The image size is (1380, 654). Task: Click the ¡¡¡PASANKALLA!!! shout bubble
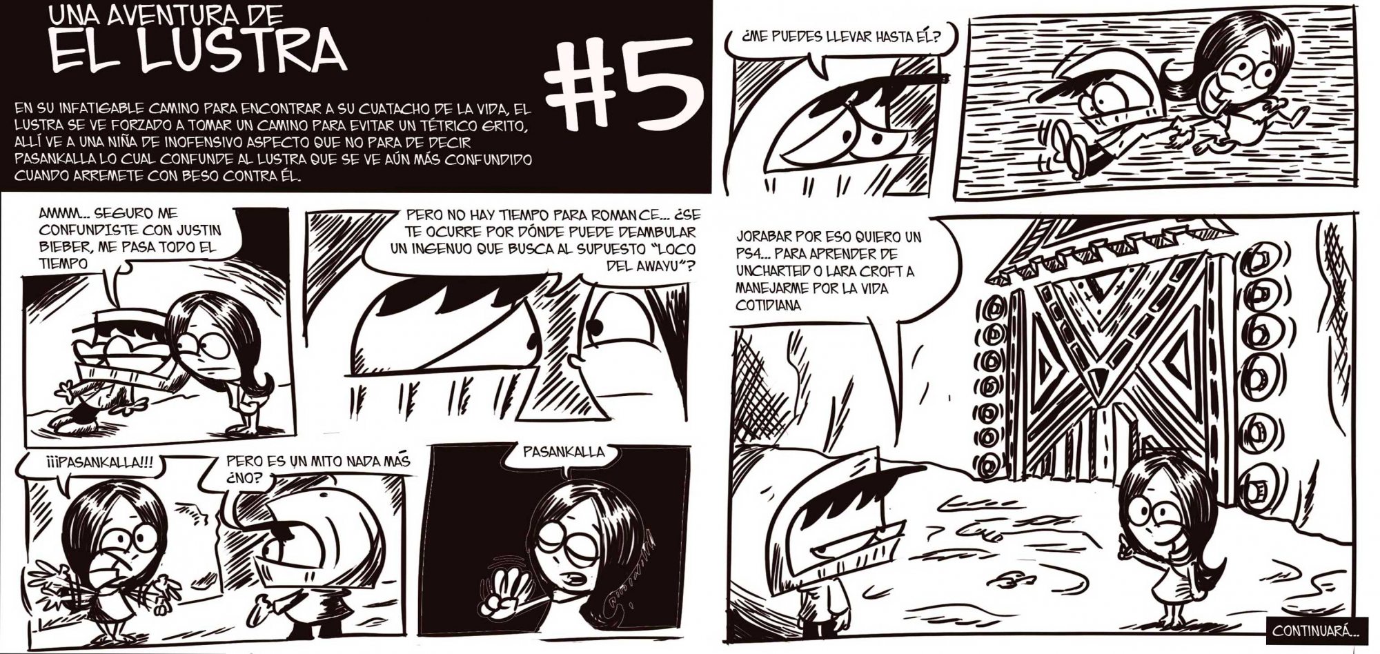pyautogui.click(x=86, y=460)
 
